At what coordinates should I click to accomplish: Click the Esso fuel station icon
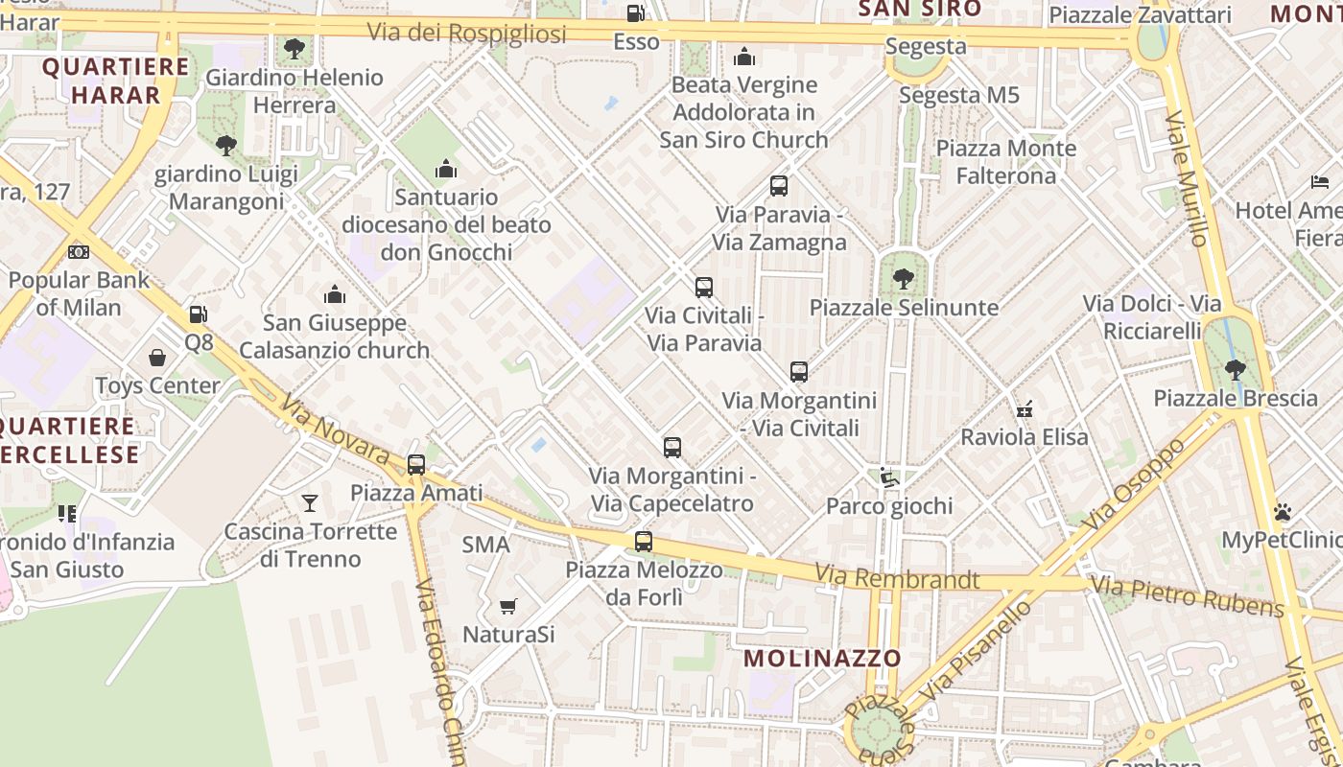tap(635, 13)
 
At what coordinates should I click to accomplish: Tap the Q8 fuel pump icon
tap(198, 314)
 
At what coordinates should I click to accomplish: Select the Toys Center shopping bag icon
tap(157, 358)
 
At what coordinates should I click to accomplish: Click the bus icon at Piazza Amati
tap(415, 464)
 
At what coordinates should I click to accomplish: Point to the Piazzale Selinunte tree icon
tap(903, 279)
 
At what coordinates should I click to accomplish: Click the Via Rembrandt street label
tap(897, 578)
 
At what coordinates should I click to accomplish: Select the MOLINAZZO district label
tap(823, 658)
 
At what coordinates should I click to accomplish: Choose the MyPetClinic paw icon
tap(1283, 512)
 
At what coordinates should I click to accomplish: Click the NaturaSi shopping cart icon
tap(508, 606)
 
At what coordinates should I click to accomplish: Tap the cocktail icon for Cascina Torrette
tap(309, 502)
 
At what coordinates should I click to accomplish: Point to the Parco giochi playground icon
tap(888, 477)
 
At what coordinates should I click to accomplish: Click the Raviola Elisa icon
tap(1025, 408)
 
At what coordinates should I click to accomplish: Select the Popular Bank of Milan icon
tap(79, 252)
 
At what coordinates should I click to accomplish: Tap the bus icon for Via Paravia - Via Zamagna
tap(779, 186)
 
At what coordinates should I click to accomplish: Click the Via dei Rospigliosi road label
tap(466, 33)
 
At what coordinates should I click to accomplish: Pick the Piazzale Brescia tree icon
tap(1236, 369)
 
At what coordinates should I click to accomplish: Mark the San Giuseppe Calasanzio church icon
tap(334, 294)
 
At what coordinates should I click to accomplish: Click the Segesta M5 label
tap(958, 95)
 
